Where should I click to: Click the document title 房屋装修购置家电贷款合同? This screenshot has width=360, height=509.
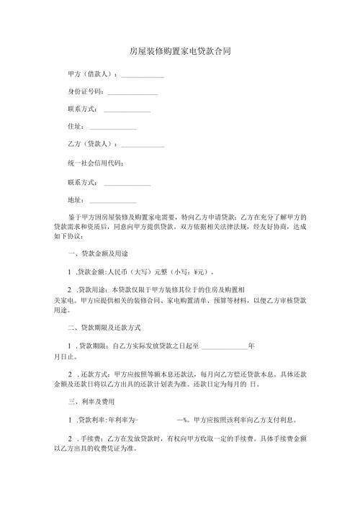click(x=180, y=52)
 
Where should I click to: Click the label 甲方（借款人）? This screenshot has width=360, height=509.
click(x=89, y=74)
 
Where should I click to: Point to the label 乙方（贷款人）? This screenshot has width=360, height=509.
click(x=89, y=144)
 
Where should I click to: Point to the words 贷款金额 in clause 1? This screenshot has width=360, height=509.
click(x=91, y=272)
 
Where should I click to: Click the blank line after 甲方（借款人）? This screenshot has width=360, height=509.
click(x=142, y=74)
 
